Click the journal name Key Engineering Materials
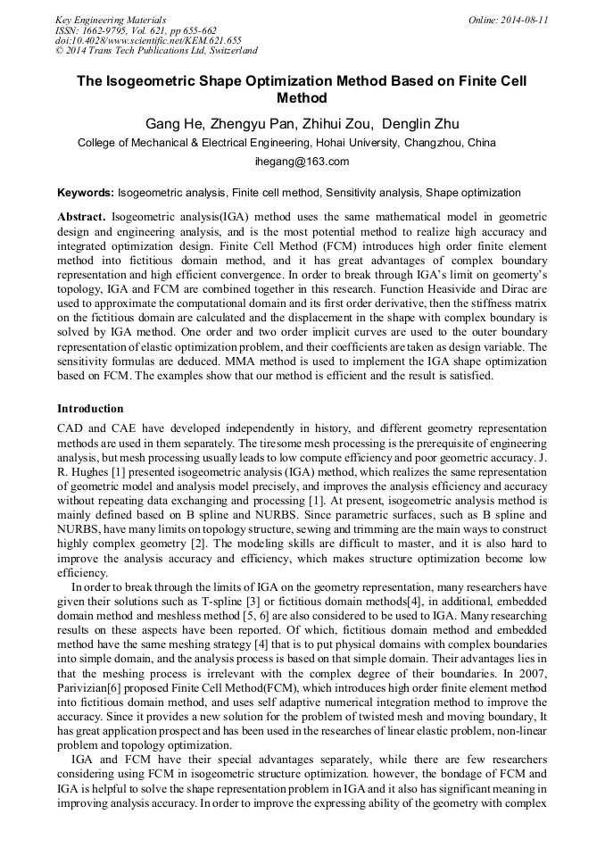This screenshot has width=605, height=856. pyautogui.click(x=111, y=19)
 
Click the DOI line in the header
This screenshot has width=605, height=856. pyautogui.click(x=148, y=40)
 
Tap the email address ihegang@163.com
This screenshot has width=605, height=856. pyautogui.click(x=302, y=162)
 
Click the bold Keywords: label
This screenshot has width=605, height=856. pyautogui.click(x=86, y=192)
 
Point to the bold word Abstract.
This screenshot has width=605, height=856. pyautogui.click(x=81, y=217)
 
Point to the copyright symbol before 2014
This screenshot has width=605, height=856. pyautogui.click(x=60, y=51)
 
